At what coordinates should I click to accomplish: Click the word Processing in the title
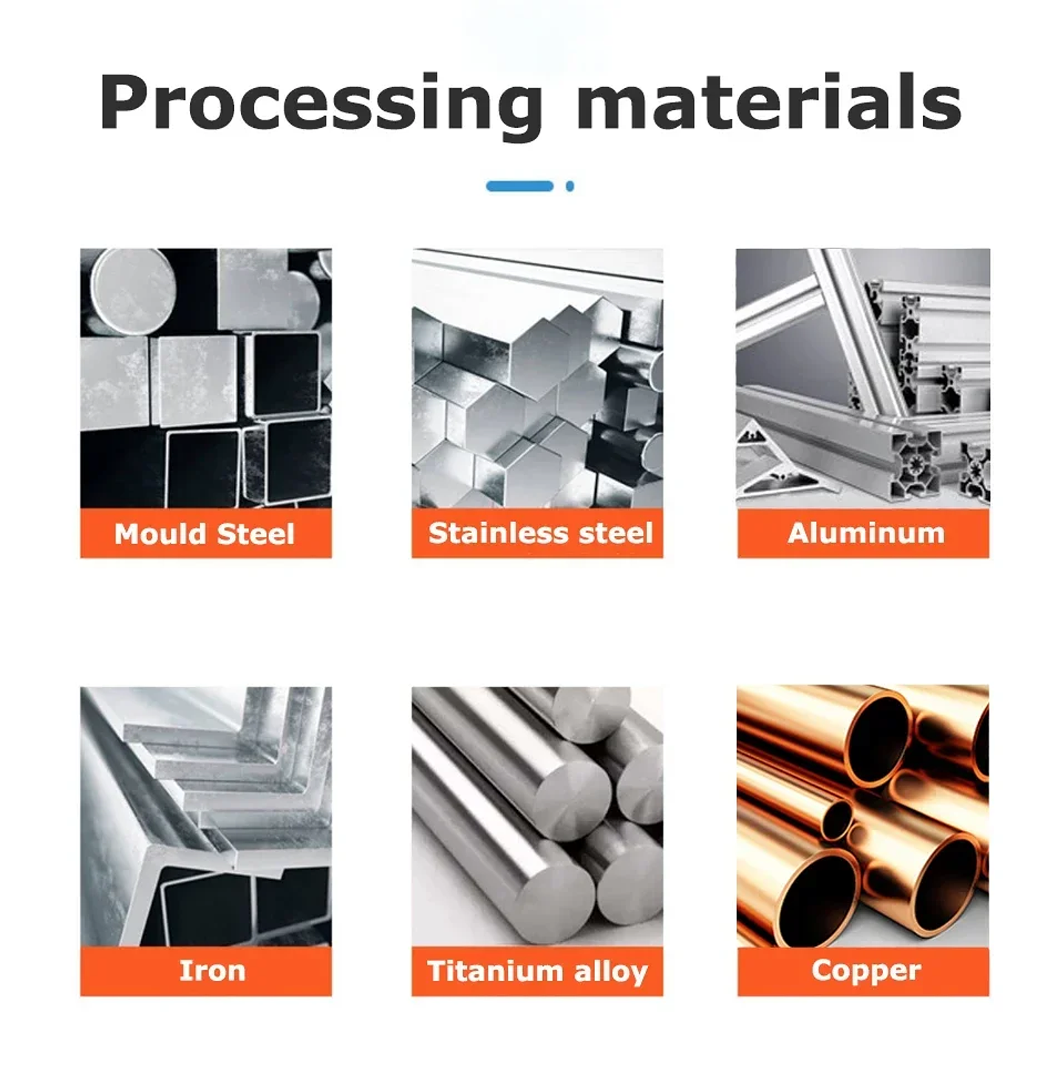point(321,104)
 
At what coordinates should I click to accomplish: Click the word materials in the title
point(769,101)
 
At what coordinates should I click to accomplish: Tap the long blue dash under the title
point(519,186)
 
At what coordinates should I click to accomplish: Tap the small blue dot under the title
point(570,186)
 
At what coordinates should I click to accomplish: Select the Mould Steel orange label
point(205,533)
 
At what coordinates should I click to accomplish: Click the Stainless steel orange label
point(537,533)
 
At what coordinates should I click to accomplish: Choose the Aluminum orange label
point(863,533)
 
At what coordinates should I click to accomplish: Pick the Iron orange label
point(205,971)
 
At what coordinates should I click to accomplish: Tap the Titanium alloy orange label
point(537,971)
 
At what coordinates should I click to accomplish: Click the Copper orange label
point(863,971)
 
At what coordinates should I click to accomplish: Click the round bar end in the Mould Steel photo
point(133,291)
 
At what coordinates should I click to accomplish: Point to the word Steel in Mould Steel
point(256,534)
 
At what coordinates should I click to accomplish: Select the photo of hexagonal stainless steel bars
point(537,378)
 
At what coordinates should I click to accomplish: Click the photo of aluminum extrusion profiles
point(863,378)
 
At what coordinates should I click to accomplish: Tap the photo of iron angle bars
point(205,817)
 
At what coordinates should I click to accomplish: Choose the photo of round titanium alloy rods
point(537,817)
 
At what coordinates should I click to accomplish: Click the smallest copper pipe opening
point(836,819)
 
